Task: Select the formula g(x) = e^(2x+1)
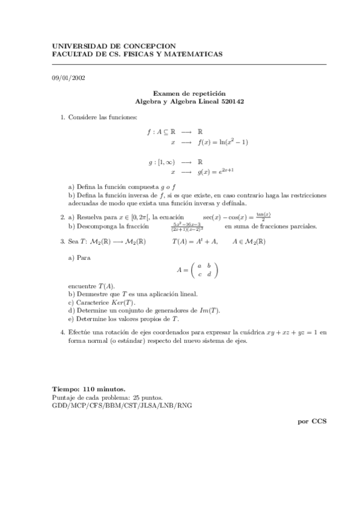click(x=219, y=171)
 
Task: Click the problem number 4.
click(x=63, y=332)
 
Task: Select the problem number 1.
click(x=63, y=116)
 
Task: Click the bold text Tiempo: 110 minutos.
click(x=89, y=390)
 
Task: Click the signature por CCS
click(x=312, y=421)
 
